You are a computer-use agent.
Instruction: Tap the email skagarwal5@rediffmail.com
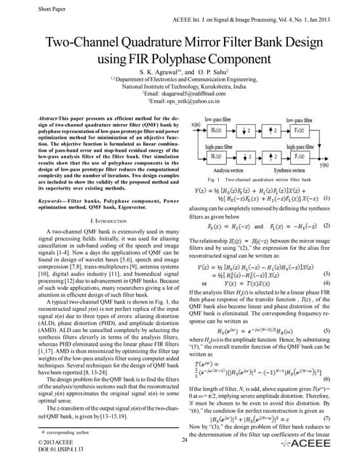[183, 102]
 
